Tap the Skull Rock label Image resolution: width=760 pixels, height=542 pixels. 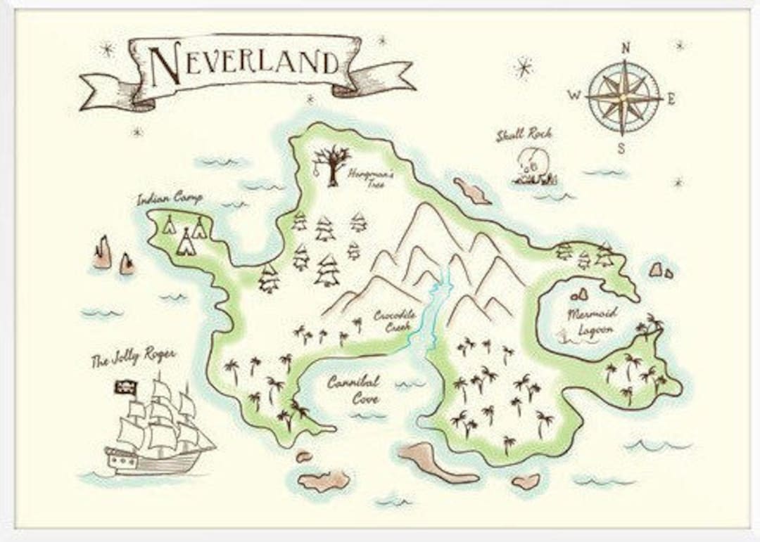524,134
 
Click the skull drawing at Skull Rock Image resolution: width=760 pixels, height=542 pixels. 528,162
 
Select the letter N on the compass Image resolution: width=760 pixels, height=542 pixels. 624,49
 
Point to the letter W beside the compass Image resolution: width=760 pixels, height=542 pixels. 575,96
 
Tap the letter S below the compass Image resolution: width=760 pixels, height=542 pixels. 621,148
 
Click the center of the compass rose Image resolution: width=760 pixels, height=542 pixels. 623,98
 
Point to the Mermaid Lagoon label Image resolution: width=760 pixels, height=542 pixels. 593,321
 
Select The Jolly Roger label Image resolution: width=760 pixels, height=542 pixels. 133,360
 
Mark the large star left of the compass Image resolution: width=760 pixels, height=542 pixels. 523,67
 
